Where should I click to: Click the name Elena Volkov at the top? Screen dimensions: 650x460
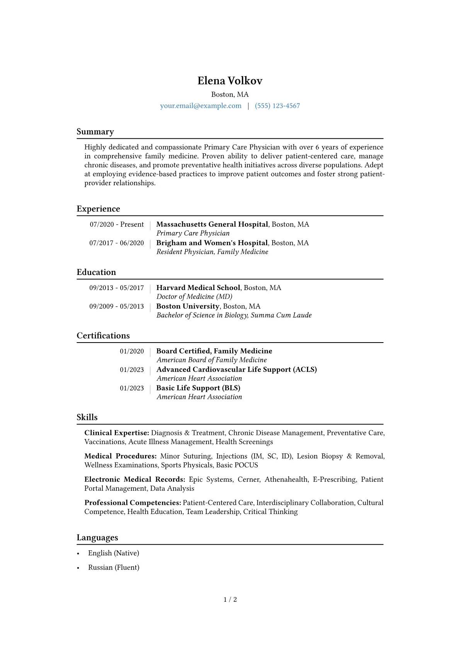230,81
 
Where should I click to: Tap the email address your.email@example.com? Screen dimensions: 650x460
201,106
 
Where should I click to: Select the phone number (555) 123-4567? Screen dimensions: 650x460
277,106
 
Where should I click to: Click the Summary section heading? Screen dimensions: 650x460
95,132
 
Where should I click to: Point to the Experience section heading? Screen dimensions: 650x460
98,209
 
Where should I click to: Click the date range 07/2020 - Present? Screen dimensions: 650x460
116,224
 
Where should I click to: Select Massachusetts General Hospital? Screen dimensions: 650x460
212,224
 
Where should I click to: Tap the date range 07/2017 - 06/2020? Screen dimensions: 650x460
116,243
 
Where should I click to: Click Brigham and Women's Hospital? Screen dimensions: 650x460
212,243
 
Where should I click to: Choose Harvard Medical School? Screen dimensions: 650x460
198,288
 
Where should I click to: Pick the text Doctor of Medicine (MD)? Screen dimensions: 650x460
194,297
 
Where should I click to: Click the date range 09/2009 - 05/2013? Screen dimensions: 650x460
116,306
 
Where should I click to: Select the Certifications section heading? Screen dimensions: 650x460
103,336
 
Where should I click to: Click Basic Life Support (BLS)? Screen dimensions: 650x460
198,388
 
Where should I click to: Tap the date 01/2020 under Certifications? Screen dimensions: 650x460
131,351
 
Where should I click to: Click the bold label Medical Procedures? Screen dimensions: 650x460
120,456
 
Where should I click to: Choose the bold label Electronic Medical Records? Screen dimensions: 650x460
135,479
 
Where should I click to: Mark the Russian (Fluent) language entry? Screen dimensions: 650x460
114,567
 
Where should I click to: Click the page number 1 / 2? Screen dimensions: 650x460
230,599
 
